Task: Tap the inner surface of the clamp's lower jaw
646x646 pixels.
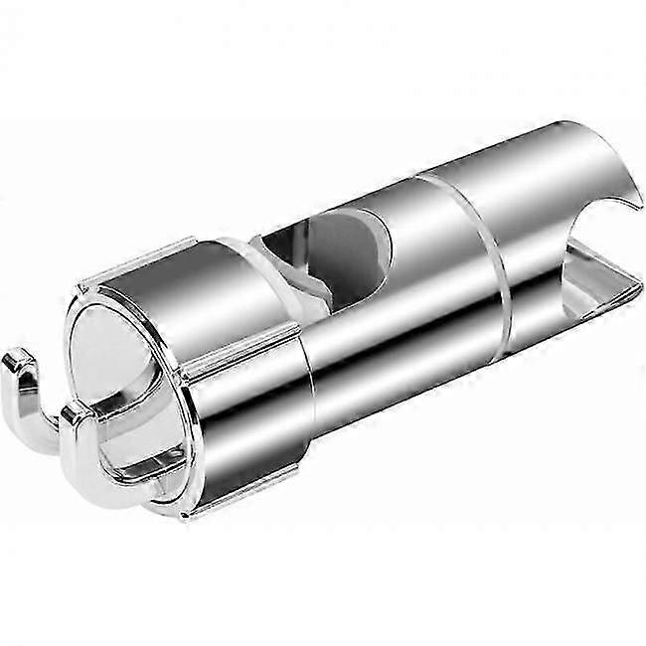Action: pyautogui.click(x=596, y=288)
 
